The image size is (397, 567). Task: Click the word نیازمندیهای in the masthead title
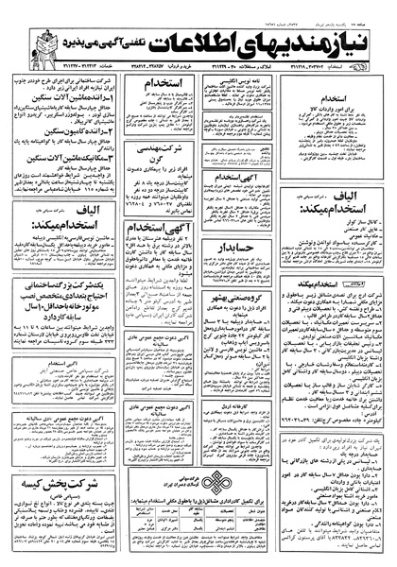pos(299,38)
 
